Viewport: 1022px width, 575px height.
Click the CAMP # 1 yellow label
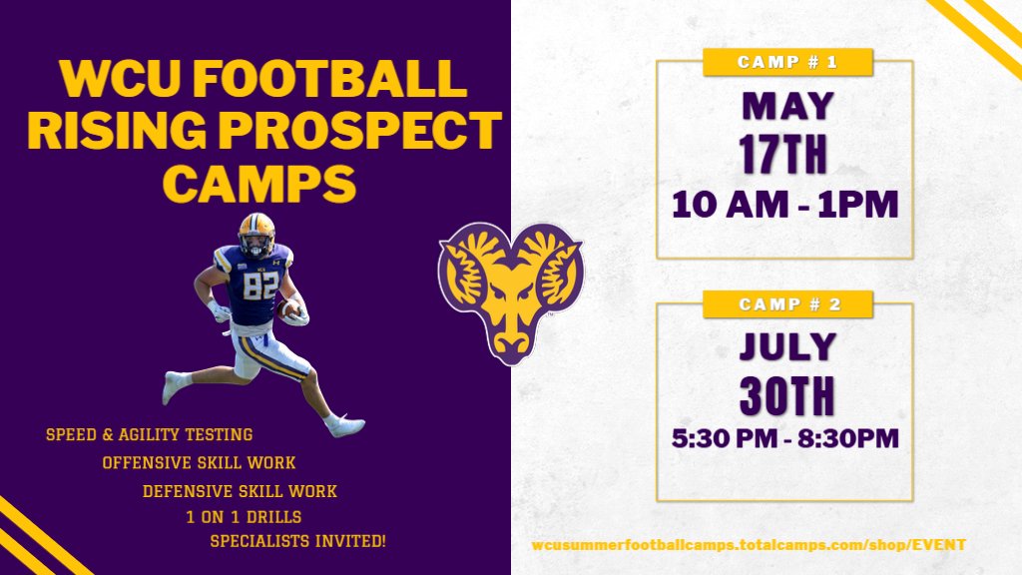coord(787,62)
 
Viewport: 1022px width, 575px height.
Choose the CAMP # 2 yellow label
coord(787,303)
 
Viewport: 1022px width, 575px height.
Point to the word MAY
coord(785,105)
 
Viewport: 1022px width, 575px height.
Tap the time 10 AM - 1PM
coord(785,205)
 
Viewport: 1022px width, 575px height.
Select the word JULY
coord(785,346)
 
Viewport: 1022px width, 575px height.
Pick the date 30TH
coord(785,395)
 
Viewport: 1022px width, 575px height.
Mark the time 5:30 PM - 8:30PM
coord(785,438)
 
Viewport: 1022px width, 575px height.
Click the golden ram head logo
coord(510,290)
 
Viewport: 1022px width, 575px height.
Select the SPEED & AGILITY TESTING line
coord(149,435)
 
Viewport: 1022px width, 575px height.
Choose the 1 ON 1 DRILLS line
coord(244,517)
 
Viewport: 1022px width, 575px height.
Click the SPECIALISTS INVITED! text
coord(297,541)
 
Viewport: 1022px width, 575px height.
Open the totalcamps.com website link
coord(749,545)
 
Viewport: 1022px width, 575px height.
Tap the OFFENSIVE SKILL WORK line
coord(199,463)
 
